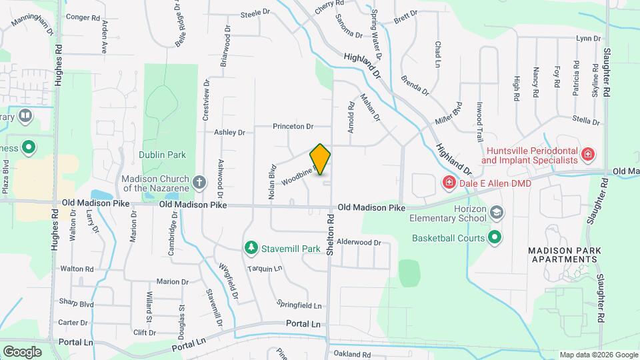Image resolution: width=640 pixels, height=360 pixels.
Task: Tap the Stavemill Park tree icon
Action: click(x=251, y=248)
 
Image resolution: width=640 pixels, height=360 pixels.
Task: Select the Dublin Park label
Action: click(x=162, y=155)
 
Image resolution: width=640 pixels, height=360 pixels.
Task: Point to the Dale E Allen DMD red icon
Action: click(x=449, y=182)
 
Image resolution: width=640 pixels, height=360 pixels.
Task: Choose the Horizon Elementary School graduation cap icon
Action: click(x=496, y=213)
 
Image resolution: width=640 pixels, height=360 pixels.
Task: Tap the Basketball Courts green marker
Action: click(x=495, y=237)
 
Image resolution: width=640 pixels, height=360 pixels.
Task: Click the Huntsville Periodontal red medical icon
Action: click(x=588, y=155)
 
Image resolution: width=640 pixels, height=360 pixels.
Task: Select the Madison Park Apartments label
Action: click(x=565, y=255)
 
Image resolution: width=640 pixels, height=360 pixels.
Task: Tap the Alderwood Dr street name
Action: click(x=359, y=243)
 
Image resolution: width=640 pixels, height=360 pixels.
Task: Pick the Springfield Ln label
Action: click(x=299, y=305)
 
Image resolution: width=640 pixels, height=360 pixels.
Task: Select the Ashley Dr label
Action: click(x=229, y=133)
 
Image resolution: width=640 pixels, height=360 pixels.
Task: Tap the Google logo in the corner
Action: click(x=22, y=351)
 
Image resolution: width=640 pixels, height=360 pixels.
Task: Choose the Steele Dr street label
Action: click(x=255, y=13)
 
